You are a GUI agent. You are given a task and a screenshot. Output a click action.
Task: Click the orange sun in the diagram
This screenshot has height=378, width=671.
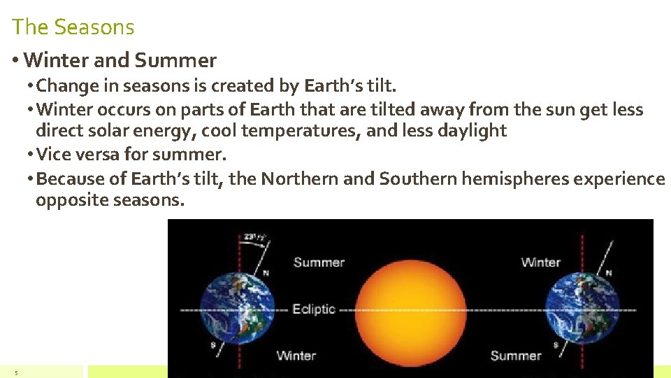tap(410, 309)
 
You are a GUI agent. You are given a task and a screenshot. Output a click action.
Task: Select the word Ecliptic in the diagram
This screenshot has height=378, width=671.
tap(314, 309)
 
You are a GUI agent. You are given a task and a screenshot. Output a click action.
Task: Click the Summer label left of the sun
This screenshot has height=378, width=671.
tap(319, 262)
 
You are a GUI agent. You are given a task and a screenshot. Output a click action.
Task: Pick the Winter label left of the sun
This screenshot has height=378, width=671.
tap(296, 356)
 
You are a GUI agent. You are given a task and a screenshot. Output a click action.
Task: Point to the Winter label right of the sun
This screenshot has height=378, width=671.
tap(541, 262)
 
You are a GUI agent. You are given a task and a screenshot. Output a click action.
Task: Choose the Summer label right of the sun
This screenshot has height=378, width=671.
tap(516, 356)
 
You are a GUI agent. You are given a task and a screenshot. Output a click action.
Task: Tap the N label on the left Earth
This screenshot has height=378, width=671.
tap(266, 273)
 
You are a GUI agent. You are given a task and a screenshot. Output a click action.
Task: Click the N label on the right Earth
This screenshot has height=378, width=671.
tap(609, 272)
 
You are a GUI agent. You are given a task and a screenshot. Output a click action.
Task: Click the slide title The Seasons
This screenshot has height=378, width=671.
tap(73, 27)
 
